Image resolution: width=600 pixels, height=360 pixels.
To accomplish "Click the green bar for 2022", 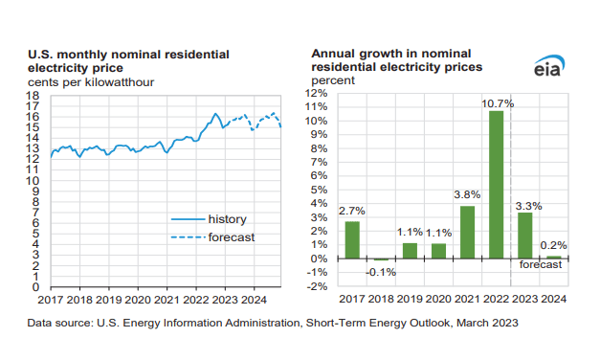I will pos(496,185).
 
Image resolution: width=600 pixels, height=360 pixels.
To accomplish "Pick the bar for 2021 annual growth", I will pos(467,232).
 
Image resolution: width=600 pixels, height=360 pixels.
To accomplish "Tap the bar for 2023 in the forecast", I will pos(525,236).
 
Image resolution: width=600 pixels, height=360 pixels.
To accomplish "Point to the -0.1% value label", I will pos(381,271).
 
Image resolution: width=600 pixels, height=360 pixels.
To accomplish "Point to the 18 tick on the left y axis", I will pos(33,96).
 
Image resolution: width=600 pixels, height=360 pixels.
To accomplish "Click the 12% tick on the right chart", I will pos(317,94).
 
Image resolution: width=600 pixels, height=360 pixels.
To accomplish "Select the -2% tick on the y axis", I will pos(317,286).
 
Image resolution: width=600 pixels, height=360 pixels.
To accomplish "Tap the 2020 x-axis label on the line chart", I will pos(137,300).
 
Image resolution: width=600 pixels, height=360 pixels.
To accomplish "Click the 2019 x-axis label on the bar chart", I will pos(410,300).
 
